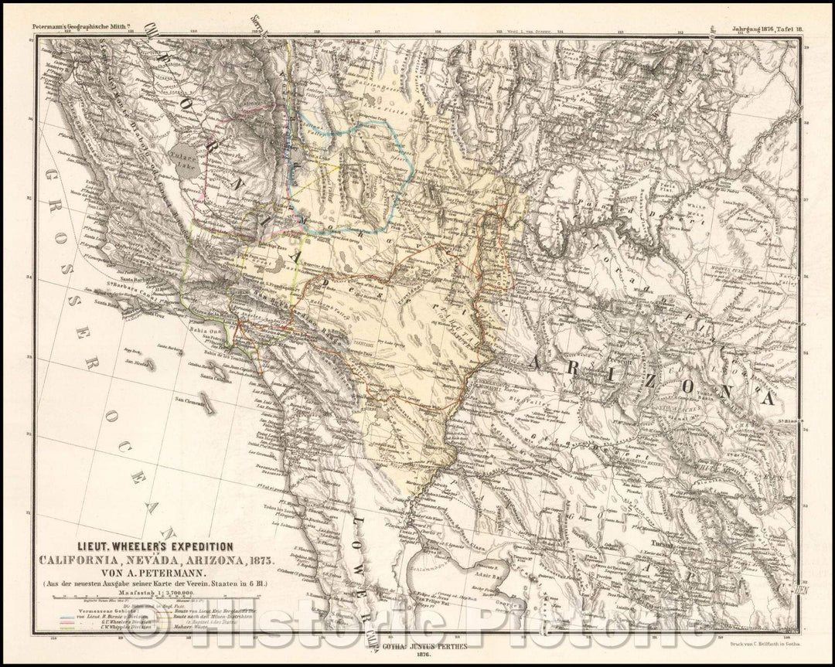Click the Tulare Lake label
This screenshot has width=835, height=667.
click(189, 151)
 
